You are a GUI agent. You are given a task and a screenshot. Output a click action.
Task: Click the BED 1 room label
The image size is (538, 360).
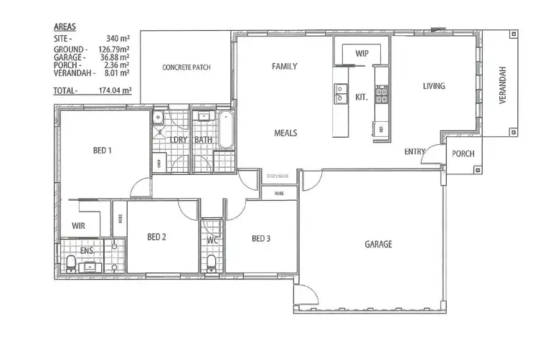(103, 151)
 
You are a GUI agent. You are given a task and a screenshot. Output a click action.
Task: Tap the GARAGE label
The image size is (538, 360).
(378, 245)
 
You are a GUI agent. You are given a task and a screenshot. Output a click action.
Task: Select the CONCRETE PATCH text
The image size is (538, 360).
(187, 68)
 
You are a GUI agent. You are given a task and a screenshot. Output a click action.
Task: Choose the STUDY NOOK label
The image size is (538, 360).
(277, 176)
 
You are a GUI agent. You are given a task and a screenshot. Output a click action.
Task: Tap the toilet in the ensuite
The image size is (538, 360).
(71, 264)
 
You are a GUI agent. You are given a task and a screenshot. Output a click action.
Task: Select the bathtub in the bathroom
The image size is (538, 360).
(226, 130)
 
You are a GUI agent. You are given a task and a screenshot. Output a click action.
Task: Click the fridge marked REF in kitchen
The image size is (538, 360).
(381, 128)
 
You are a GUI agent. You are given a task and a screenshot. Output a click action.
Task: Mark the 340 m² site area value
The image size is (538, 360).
(117, 39)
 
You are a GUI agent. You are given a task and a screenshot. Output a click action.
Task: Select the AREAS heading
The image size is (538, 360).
(65, 27)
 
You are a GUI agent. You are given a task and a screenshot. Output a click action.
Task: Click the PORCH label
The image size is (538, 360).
(461, 153)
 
